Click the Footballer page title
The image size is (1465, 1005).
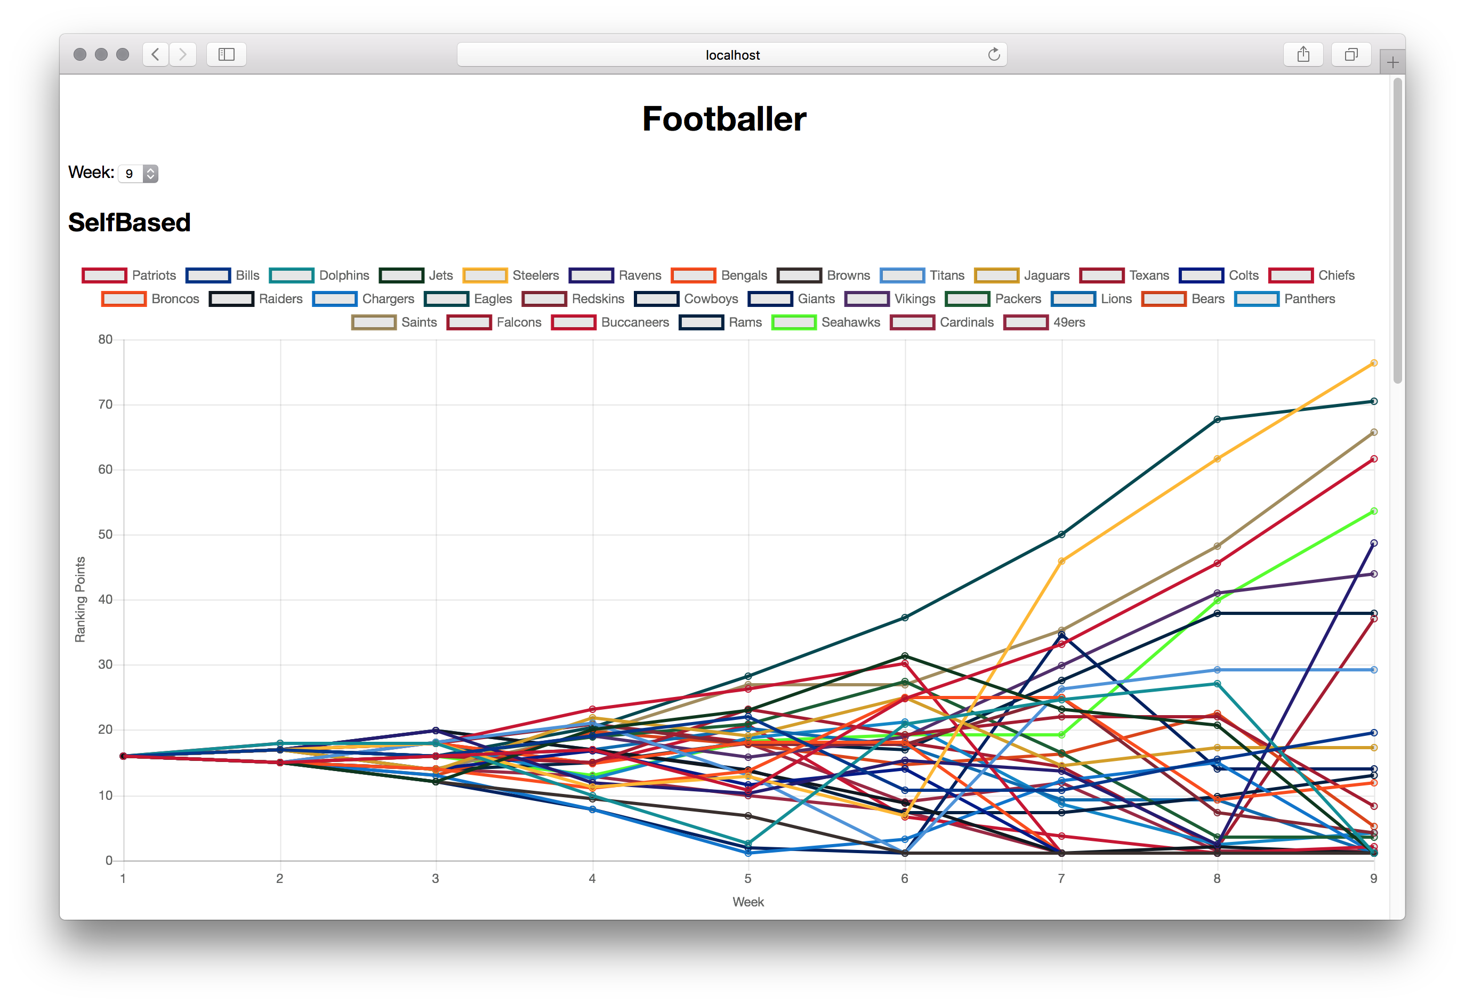pos(723,119)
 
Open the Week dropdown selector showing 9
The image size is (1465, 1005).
pos(138,173)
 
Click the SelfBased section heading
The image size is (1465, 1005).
pos(129,222)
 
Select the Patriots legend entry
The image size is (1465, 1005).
pos(129,275)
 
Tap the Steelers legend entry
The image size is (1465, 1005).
pos(511,275)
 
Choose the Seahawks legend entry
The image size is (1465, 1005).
pos(826,322)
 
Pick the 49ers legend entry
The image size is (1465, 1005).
pos(1044,322)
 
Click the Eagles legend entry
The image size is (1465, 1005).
pos(469,298)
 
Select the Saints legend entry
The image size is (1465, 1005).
pos(394,322)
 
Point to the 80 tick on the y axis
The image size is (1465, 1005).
pos(105,339)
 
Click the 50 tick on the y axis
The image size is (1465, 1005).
pos(105,534)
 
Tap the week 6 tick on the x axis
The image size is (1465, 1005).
pos(905,878)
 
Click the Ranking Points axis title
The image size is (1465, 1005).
pos(80,599)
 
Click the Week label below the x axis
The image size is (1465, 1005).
pos(748,902)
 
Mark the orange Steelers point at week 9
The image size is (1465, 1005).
pos(1374,363)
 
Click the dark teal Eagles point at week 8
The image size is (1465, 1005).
pos(1217,419)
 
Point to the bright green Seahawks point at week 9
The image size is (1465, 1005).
pos(1374,511)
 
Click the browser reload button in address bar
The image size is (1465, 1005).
pos(994,55)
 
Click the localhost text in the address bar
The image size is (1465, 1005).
pos(732,55)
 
